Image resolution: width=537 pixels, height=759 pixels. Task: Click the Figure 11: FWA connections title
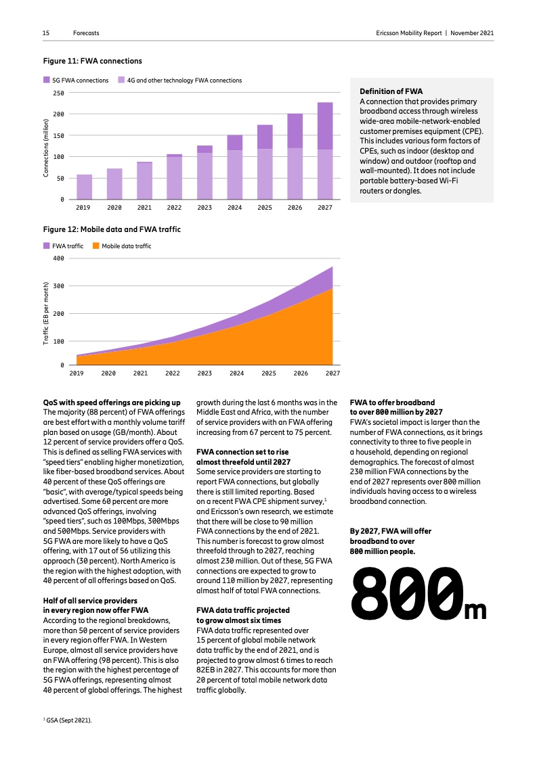[84, 61]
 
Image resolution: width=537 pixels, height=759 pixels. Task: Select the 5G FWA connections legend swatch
[47, 80]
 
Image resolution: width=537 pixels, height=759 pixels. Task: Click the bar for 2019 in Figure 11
[85, 187]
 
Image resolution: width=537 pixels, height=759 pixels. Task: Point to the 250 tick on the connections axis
[58, 93]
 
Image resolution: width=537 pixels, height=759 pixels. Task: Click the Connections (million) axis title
[46, 148]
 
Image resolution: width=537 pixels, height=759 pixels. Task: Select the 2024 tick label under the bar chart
[235, 207]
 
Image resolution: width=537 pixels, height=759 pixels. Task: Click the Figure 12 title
[112, 229]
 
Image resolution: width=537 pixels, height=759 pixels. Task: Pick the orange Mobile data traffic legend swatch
[96, 246]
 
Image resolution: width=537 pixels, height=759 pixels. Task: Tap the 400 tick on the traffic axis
[58, 258]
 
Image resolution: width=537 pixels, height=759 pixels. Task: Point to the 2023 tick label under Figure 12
[205, 373]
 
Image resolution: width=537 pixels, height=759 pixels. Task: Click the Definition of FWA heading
[391, 91]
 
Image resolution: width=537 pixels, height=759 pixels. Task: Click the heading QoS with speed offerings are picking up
[112, 402]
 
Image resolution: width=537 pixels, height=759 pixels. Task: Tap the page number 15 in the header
[46, 32]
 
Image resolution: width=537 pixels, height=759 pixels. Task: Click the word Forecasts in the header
[86, 32]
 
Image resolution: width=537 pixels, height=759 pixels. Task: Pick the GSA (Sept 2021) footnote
[68, 720]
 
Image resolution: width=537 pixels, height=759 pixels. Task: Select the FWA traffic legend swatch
[47, 246]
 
